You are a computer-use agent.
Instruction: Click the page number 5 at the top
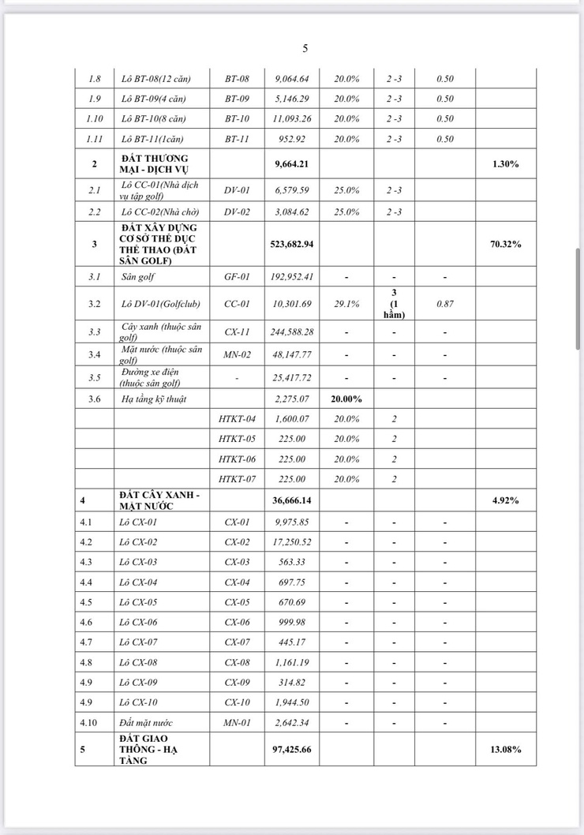[x=305, y=49]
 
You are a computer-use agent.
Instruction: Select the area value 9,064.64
[x=292, y=79]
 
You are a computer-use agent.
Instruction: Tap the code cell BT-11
[x=237, y=139]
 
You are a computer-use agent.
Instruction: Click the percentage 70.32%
[x=506, y=245]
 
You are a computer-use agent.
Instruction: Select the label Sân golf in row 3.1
[x=138, y=277]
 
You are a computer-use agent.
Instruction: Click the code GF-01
[x=237, y=277]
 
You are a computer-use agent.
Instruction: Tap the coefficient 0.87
[x=445, y=304]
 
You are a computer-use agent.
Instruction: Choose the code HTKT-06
[x=237, y=459]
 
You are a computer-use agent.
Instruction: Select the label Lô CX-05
[x=140, y=602]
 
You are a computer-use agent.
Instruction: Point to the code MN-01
[x=237, y=722]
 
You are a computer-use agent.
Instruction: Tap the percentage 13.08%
[x=506, y=749]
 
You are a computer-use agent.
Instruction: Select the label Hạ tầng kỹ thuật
[x=154, y=399]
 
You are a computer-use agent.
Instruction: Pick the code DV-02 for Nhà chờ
[x=237, y=212]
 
